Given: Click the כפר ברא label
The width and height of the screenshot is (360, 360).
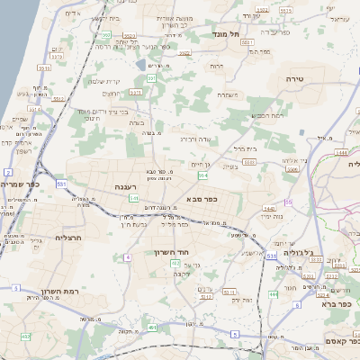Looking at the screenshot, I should click(x=337, y=304).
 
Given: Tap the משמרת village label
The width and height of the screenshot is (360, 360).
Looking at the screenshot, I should click(x=227, y=94).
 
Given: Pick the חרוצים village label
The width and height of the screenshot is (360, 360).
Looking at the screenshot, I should click(x=112, y=94).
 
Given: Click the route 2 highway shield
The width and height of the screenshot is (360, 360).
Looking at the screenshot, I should click(x=7, y=170).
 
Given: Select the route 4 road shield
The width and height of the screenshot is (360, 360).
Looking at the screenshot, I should click(x=128, y=257).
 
